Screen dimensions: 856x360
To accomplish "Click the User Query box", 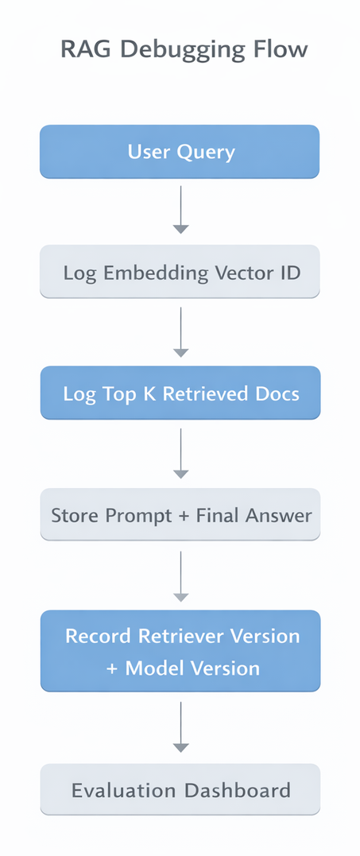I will click(x=180, y=152).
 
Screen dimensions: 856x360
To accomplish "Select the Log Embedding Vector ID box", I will click(x=180, y=273).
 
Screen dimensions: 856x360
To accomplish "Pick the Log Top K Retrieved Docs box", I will click(x=180, y=393).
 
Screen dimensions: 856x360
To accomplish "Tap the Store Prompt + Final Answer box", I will click(x=180, y=515).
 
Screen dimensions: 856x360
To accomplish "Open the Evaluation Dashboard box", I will click(x=180, y=790).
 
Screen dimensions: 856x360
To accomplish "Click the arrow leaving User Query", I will click(x=181, y=209).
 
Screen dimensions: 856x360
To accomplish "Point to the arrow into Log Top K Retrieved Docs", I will click(x=181, y=331).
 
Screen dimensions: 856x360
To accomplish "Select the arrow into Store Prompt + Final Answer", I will click(x=181, y=453).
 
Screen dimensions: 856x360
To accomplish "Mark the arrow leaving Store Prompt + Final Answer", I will click(x=181, y=575).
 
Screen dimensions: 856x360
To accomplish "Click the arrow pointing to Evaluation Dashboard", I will click(x=181, y=726).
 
